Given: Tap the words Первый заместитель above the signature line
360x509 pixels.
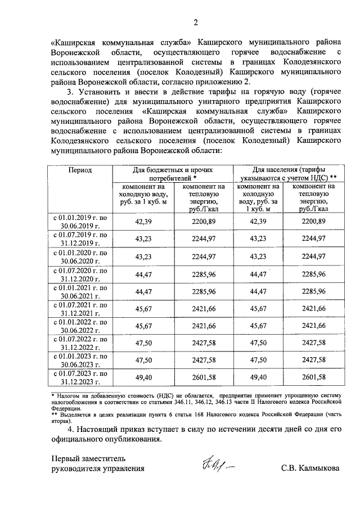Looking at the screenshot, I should pos(85,457).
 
